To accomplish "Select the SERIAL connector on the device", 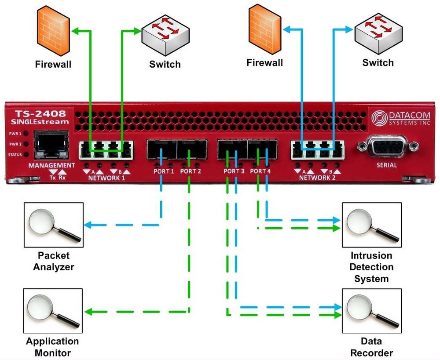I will [387, 146].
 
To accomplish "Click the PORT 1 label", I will [164, 171].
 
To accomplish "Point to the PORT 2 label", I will [191, 171].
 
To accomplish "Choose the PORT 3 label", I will [234, 171].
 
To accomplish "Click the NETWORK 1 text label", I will [106, 178].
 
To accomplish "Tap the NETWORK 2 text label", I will [317, 178].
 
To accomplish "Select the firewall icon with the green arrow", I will [53, 30].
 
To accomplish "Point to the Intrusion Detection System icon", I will [371, 225].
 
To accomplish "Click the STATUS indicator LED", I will [26, 155].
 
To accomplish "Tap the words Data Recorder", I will [371, 347].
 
